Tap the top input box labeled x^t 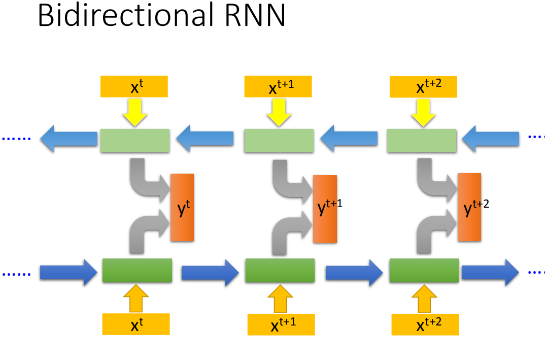(134, 86)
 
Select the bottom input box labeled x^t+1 (281, 324)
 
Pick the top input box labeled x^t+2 (423, 87)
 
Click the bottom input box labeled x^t (135, 324)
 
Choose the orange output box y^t (182, 207)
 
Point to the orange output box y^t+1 (325, 209)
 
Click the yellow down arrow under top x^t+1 (278, 112)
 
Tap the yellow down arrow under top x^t (134, 112)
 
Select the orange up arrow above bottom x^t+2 (424, 299)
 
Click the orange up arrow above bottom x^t (135, 299)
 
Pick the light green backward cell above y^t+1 (279, 141)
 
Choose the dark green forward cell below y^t (137, 270)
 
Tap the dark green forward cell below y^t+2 (424, 270)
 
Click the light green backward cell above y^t (134, 141)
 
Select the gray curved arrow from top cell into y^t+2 (434, 180)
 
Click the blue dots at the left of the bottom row (16, 274)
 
